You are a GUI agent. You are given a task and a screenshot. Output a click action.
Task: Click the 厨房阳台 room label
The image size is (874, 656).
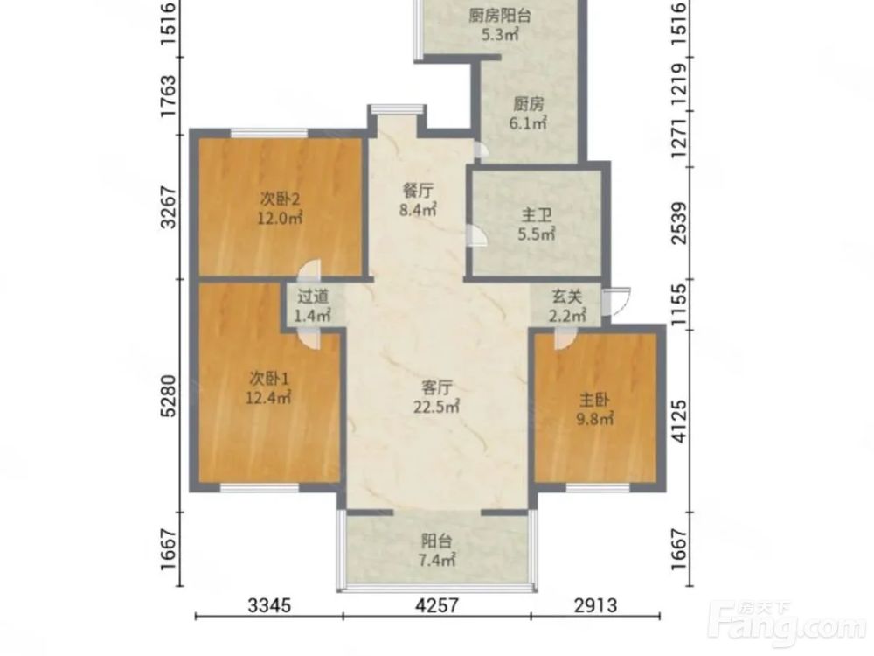[499, 15]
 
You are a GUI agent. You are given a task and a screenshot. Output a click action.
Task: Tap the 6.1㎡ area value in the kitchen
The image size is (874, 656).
[528, 122]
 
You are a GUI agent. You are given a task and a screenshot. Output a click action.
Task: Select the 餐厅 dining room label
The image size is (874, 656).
[418, 191]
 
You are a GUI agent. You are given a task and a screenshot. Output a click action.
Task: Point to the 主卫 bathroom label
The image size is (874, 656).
[537, 215]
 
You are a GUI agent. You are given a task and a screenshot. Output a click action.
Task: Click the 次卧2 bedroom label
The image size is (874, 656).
[281, 198]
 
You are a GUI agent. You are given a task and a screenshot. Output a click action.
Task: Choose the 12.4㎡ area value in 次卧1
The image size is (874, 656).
[268, 398]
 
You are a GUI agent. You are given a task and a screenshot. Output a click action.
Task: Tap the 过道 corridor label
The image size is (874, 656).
[313, 297]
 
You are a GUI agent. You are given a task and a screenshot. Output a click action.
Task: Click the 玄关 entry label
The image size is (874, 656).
[567, 296]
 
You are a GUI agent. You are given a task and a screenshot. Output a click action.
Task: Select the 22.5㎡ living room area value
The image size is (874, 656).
[436, 407]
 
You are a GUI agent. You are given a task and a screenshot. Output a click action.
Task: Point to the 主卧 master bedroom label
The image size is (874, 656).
[594, 400]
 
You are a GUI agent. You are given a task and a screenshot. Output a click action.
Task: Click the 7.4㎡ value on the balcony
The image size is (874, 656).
[436, 560]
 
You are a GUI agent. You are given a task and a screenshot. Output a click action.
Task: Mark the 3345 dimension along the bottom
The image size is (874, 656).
[269, 604]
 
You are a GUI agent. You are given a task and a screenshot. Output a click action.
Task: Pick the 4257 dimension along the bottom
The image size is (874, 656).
[437, 604]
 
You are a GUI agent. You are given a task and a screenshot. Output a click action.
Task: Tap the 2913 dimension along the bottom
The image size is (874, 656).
[595, 604]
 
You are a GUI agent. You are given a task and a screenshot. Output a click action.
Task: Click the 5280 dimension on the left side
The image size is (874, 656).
[168, 395]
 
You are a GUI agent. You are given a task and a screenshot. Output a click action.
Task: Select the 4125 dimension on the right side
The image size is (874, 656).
[679, 421]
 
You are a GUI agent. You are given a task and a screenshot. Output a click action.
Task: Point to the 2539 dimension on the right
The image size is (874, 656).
[679, 223]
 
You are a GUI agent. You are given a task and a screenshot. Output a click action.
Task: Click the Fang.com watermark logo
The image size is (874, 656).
[790, 621]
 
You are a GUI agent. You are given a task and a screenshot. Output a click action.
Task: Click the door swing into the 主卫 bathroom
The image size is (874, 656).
[475, 234]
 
